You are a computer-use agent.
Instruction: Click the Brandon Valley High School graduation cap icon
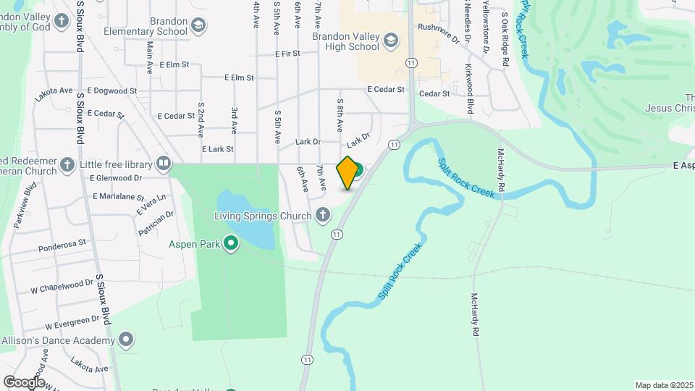click(392, 40)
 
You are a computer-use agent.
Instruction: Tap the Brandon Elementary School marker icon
click(198, 26)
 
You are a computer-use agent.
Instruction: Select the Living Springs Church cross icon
click(322, 214)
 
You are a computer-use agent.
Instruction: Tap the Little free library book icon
click(164, 163)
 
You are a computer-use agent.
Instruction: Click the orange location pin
click(348, 172)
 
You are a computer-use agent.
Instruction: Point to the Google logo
click(24, 382)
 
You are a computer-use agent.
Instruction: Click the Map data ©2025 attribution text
click(663, 385)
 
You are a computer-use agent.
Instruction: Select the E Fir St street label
click(287, 54)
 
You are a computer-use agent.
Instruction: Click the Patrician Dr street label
click(156, 224)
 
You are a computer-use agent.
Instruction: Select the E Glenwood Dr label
click(116, 177)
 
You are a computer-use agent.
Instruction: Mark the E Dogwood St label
click(111, 91)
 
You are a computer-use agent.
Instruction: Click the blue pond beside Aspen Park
click(245, 217)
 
